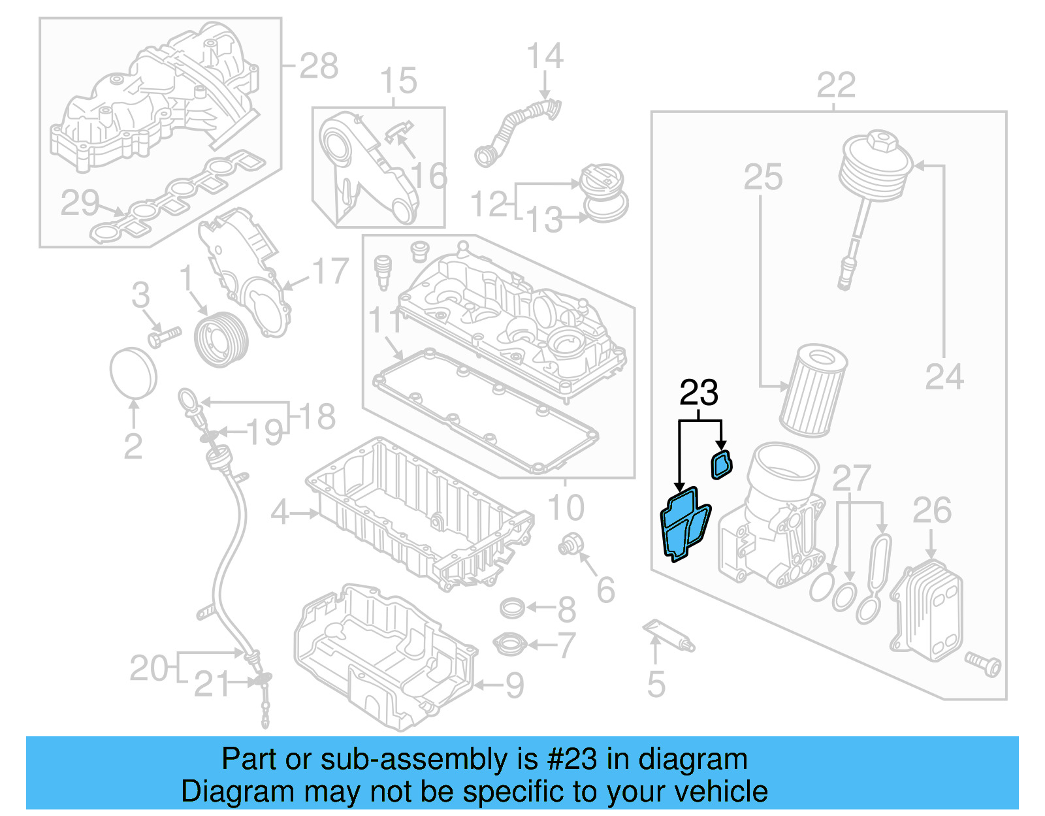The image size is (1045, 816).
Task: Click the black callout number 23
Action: click(x=698, y=393)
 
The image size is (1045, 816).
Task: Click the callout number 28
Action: click(x=319, y=66)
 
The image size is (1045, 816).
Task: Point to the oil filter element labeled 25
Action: click(x=813, y=392)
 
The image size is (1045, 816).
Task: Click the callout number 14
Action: click(x=545, y=56)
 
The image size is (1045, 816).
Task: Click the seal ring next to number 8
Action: click(x=513, y=608)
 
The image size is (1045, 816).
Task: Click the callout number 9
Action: click(x=515, y=685)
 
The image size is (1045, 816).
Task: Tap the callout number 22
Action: click(x=835, y=86)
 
